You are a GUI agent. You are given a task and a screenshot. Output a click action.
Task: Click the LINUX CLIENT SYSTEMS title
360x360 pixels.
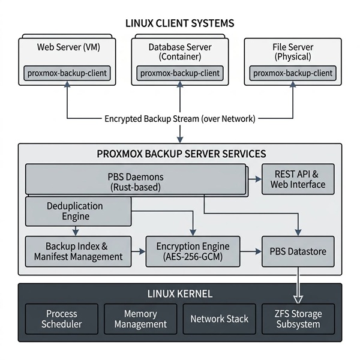pos(180,23)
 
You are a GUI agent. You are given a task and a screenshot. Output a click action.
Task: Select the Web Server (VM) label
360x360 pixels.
pos(68,47)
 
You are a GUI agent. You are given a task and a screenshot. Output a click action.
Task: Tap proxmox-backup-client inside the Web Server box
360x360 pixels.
pos(67,73)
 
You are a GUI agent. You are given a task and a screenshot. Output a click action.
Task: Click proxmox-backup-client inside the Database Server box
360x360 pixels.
pos(180,73)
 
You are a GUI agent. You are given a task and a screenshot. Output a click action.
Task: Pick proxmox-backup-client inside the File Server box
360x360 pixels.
pos(292,73)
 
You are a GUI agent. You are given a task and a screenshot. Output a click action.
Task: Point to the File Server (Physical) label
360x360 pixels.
pos(292,52)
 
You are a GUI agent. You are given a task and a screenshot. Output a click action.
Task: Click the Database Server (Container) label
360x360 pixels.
pos(180,52)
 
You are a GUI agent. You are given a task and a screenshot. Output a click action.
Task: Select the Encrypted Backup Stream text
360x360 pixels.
pos(180,119)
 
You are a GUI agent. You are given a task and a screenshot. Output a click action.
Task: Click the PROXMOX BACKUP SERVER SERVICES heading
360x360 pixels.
pos(180,153)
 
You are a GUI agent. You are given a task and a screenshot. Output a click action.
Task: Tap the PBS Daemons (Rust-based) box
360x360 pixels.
pos(135,181)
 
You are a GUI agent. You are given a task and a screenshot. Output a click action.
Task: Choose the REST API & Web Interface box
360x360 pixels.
pos(298,179)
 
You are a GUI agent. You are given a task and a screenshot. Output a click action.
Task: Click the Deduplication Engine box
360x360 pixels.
pos(76,211)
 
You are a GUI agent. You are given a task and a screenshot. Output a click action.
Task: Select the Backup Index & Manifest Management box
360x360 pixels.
pos(79,251)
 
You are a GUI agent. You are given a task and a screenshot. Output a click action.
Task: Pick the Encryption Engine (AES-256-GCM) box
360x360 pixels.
pos(193,251)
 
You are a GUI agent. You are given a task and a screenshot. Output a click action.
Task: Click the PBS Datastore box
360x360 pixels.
pos(298,251)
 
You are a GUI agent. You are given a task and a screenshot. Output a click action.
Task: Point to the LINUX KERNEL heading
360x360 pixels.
pos(180,294)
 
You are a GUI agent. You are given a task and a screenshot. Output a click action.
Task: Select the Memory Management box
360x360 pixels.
pos(140,319)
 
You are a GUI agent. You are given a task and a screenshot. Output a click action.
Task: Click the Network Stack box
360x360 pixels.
pos(219,319)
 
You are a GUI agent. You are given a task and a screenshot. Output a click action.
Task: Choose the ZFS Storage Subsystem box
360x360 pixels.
pos(298,319)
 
